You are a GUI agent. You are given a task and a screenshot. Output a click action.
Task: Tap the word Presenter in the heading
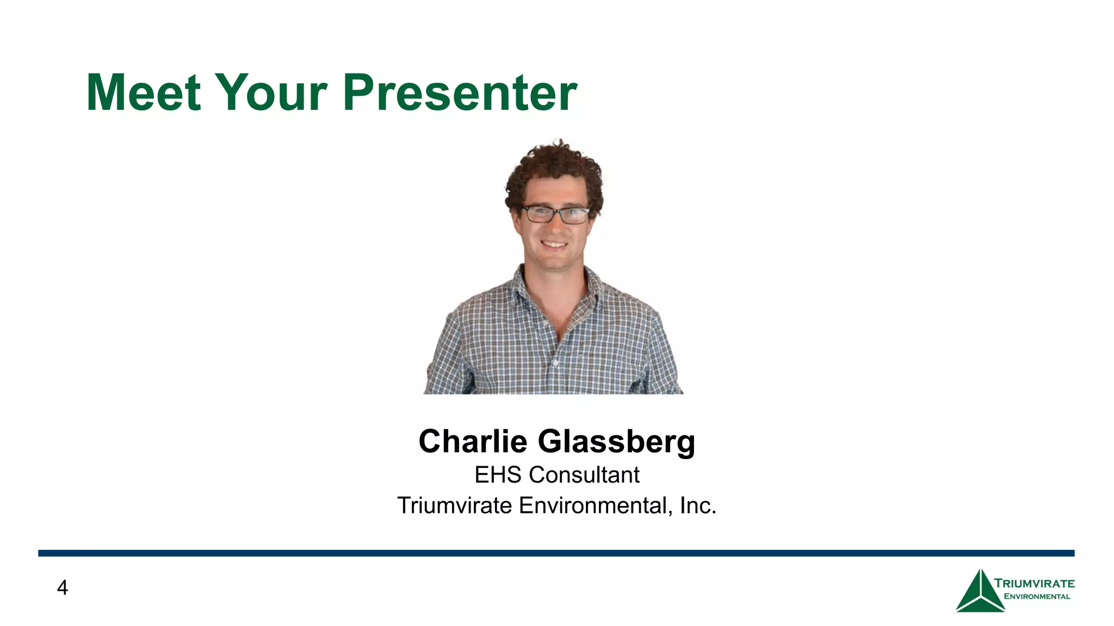click(460, 93)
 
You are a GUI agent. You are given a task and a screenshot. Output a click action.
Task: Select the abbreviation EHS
click(498, 475)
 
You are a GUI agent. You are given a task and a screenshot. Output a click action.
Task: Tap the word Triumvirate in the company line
click(454, 505)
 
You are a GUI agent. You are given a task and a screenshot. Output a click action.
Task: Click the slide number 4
click(63, 588)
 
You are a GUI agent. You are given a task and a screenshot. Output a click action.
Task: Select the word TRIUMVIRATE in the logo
click(1034, 584)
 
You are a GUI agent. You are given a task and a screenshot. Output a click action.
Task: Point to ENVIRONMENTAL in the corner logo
click(1037, 597)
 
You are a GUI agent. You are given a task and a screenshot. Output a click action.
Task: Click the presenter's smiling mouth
click(555, 244)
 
